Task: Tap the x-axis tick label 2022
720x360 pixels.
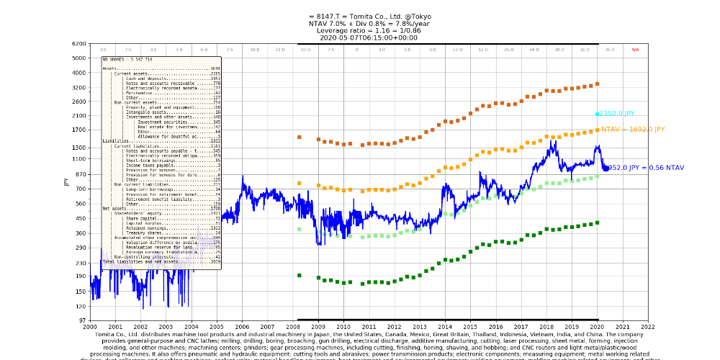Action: (x=648, y=326)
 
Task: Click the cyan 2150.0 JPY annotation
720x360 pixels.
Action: (x=618, y=114)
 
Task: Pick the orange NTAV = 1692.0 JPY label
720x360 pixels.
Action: (x=633, y=130)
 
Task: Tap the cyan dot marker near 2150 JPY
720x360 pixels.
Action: (x=598, y=114)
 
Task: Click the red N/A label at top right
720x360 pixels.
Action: (x=635, y=50)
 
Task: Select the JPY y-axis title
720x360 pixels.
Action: (x=66, y=182)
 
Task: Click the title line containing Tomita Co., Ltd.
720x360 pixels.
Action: (x=360, y=17)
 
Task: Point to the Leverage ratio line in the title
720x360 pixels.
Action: (x=360, y=30)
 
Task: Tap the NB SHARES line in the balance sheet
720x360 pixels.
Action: (x=126, y=59)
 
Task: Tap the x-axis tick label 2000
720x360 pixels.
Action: (x=90, y=326)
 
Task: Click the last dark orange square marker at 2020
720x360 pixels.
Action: (x=598, y=84)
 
